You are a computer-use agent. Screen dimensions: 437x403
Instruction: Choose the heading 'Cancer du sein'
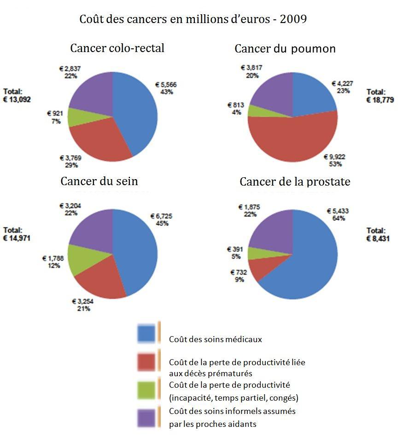(x=99, y=181)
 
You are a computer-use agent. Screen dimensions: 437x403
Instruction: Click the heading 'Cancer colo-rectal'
(x=117, y=48)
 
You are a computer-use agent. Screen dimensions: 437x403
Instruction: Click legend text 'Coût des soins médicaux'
(x=215, y=339)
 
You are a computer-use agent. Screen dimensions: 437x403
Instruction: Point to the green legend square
(x=146, y=390)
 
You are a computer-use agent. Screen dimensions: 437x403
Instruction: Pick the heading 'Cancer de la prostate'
(x=295, y=181)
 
